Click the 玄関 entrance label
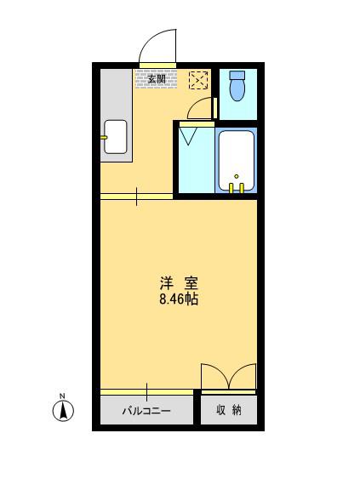pos(157,79)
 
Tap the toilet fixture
pos(237,86)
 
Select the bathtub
pos(237,160)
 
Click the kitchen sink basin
pos(115,137)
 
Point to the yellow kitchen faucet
pos(104,137)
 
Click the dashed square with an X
pos(199,80)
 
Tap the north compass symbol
pos(63,411)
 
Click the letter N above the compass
pos(62,396)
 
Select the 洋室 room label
pos(179,283)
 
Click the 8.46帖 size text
pos(179,299)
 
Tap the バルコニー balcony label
pos(146,410)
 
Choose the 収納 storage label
pos(229,410)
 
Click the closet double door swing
pos(228,376)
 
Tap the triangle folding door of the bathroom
pos(188,135)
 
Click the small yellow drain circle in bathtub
pos(237,177)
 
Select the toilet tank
pos(237,75)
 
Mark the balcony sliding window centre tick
pos(146,392)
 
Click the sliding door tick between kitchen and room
pos(136,197)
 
